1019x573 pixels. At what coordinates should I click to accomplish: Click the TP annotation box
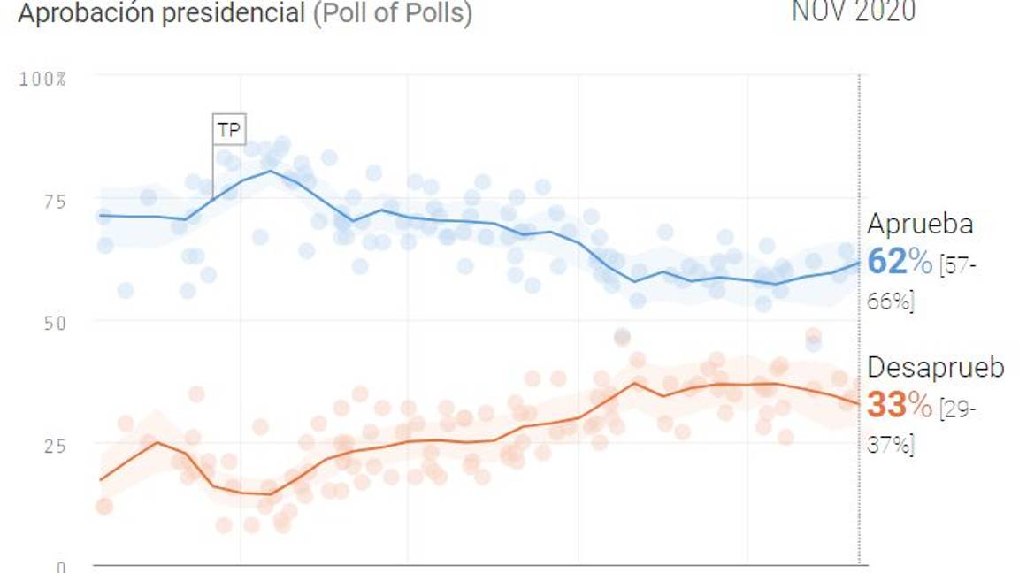tap(228, 129)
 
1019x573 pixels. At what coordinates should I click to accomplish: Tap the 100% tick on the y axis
tap(43, 80)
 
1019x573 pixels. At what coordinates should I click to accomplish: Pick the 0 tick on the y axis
tap(60, 566)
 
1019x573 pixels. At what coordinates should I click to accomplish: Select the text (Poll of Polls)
tap(393, 13)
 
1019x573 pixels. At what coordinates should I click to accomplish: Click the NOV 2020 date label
tap(853, 11)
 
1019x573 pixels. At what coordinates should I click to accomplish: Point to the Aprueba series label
tap(920, 224)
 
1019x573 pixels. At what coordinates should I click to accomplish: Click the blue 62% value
tap(900, 262)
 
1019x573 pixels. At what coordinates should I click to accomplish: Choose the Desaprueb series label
tap(936, 368)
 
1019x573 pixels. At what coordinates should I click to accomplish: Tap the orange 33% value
tap(900, 406)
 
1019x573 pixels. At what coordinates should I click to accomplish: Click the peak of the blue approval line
tap(270, 171)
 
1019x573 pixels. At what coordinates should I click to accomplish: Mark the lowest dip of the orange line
tap(270, 493)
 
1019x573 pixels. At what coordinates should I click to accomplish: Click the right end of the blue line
tap(858, 262)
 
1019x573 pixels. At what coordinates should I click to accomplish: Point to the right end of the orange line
tap(858, 404)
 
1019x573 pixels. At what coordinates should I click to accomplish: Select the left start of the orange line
tap(100, 480)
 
